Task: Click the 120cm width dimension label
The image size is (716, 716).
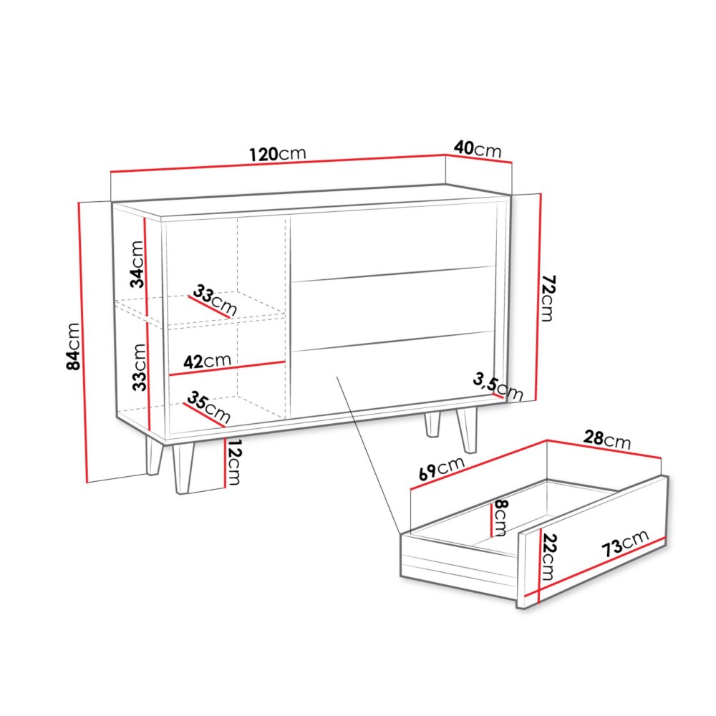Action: click(278, 154)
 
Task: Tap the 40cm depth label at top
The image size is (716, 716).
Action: click(478, 149)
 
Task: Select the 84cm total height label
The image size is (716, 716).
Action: click(73, 346)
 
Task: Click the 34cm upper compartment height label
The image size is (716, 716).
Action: click(137, 264)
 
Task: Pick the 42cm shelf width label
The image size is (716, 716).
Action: click(208, 361)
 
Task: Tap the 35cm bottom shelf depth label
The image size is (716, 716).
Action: click(208, 407)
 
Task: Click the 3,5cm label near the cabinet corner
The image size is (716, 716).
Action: click(498, 387)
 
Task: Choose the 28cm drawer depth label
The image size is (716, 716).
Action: click(607, 440)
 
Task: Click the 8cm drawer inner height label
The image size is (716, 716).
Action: click(500, 518)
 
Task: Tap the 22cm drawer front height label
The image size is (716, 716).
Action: click(548, 556)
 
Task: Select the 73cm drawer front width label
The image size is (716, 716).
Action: click(625, 543)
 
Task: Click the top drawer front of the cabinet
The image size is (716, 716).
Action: click(392, 243)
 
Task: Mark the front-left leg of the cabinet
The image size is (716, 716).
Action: click(183, 467)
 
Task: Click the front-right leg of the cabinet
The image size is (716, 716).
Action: click(468, 428)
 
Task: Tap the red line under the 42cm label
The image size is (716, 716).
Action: click(228, 369)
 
